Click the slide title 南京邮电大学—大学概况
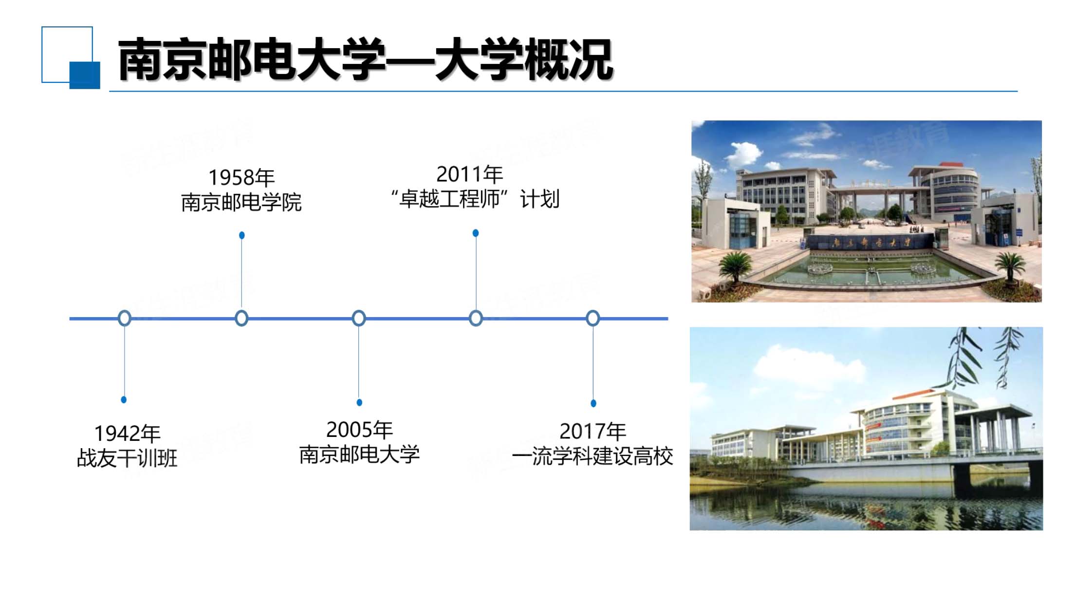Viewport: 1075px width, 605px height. (x=365, y=59)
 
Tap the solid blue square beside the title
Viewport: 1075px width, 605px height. (x=85, y=75)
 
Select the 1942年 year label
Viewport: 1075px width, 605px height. (x=127, y=433)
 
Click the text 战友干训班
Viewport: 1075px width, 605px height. (x=127, y=458)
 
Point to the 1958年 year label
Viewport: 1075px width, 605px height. (x=241, y=177)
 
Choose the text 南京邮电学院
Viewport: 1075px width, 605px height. (x=241, y=202)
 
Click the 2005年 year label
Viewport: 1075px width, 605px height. (x=359, y=430)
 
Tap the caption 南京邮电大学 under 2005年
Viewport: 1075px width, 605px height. (x=359, y=454)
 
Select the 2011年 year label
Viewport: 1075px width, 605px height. (x=469, y=174)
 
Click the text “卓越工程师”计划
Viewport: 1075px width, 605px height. (x=475, y=199)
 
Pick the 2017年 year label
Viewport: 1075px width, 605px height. (x=593, y=431)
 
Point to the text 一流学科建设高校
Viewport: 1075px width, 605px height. (x=593, y=456)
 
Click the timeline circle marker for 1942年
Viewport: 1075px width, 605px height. (x=125, y=318)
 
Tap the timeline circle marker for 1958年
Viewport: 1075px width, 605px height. (x=241, y=318)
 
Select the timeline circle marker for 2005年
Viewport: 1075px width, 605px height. (x=359, y=318)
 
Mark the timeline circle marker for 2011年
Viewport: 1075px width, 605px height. (x=476, y=318)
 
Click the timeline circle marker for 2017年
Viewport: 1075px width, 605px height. (x=593, y=318)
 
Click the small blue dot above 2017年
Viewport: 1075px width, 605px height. (x=593, y=403)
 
